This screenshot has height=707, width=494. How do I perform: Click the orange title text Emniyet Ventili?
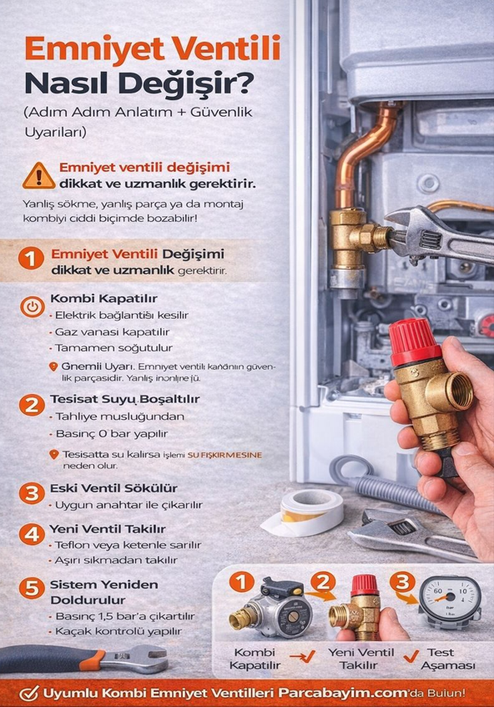(152, 48)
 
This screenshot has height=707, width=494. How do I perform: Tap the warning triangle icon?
(38, 174)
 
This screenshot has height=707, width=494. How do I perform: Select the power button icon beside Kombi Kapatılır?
(31, 306)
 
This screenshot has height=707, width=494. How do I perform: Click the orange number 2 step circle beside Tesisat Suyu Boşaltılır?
(31, 406)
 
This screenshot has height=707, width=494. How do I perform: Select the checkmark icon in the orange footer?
(30, 693)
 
